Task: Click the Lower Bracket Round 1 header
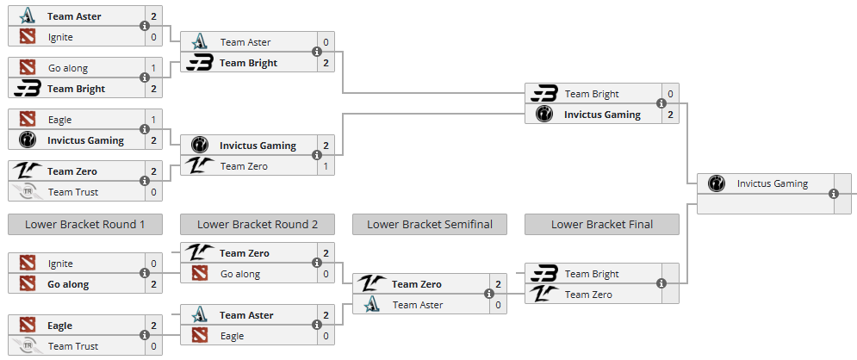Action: click(84, 224)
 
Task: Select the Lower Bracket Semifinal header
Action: click(430, 224)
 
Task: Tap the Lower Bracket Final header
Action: click(602, 224)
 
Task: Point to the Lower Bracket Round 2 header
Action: click(258, 224)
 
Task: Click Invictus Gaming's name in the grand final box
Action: click(773, 183)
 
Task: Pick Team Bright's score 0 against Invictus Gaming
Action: click(670, 94)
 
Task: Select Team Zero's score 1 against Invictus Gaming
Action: click(326, 166)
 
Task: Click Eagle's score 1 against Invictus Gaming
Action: click(153, 120)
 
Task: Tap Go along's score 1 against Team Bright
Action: click(153, 68)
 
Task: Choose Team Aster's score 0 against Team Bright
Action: click(326, 42)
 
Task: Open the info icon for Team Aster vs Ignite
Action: click(145, 26)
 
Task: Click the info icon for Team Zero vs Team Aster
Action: click(488, 294)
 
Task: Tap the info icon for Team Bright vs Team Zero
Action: click(661, 283)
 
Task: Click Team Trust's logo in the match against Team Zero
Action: click(28, 192)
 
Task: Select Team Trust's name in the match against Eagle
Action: click(73, 346)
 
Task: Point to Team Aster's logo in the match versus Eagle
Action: click(200, 315)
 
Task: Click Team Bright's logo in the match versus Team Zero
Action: click(543, 274)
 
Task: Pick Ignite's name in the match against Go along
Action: click(60, 264)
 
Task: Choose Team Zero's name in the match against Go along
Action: click(245, 253)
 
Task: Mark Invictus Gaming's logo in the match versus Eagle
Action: click(28, 140)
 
